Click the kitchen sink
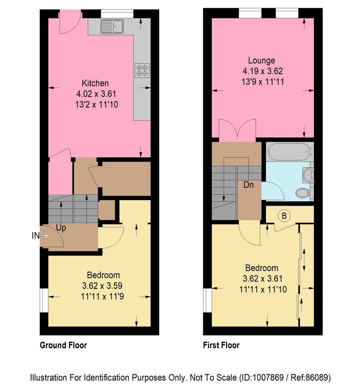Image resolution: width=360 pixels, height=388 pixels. (112, 26)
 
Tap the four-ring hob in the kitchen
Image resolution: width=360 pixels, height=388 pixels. (142, 71)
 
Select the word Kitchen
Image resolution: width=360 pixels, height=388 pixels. (95, 83)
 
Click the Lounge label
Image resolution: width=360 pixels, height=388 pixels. (262, 60)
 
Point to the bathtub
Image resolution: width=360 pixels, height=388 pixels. (289, 151)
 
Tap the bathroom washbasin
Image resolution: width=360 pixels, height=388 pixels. (308, 175)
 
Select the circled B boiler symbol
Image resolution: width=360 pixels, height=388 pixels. (284, 216)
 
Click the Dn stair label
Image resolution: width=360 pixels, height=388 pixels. (248, 185)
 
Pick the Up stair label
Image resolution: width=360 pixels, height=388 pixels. (61, 228)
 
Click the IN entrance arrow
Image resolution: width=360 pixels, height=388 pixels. (40, 236)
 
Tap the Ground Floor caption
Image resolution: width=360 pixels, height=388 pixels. (63, 345)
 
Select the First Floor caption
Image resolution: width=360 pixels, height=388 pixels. (221, 345)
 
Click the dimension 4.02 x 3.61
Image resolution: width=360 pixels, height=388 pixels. (96, 94)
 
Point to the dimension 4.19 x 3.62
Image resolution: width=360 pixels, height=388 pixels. (263, 71)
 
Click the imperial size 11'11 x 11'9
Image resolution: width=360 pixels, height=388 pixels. (103, 297)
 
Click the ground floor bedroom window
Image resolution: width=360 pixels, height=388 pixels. (44, 300)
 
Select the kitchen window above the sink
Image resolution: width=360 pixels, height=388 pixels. (117, 14)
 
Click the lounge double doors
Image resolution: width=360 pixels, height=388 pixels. (237, 128)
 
